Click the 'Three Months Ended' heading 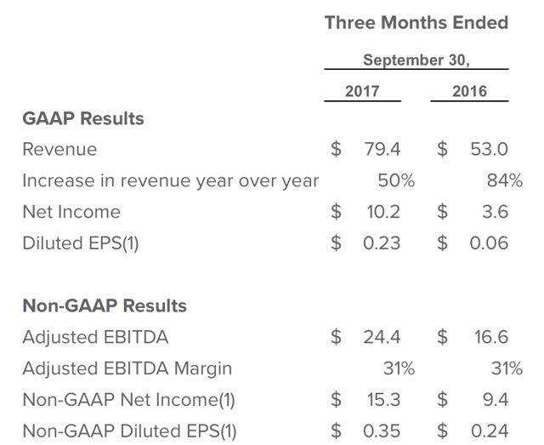416,23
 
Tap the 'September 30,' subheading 416,60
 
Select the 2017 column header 362,91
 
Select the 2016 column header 469,91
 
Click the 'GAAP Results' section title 82,118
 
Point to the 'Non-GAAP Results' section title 105,305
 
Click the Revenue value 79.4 382,150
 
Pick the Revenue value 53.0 490,150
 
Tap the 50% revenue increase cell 395,180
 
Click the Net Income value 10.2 382,212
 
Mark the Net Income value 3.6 495,212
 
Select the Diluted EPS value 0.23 381,243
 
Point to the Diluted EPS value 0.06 490,243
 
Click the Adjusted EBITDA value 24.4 382,337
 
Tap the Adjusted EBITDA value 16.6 490,337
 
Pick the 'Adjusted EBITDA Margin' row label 127,368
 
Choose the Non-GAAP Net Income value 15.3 382,399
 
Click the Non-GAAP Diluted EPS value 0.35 381,431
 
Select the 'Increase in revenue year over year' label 170,180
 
